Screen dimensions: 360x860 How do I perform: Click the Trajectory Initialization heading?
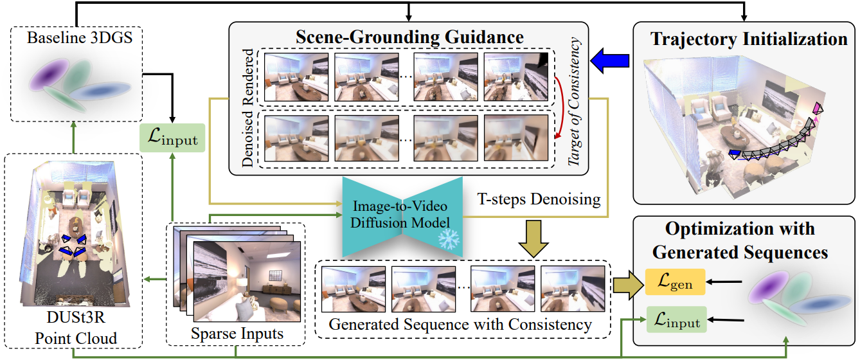pyautogui.click(x=749, y=39)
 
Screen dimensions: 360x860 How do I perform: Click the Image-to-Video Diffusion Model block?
pyautogui.click(x=402, y=213)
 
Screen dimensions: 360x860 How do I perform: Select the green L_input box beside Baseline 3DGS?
pyautogui.click(x=172, y=138)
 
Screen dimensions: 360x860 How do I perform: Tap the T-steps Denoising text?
pyautogui.click(x=539, y=200)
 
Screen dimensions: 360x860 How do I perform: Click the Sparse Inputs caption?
pyautogui.click(x=237, y=334)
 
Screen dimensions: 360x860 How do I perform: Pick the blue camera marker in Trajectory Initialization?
pyautogui.click(x=734, y=154)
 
